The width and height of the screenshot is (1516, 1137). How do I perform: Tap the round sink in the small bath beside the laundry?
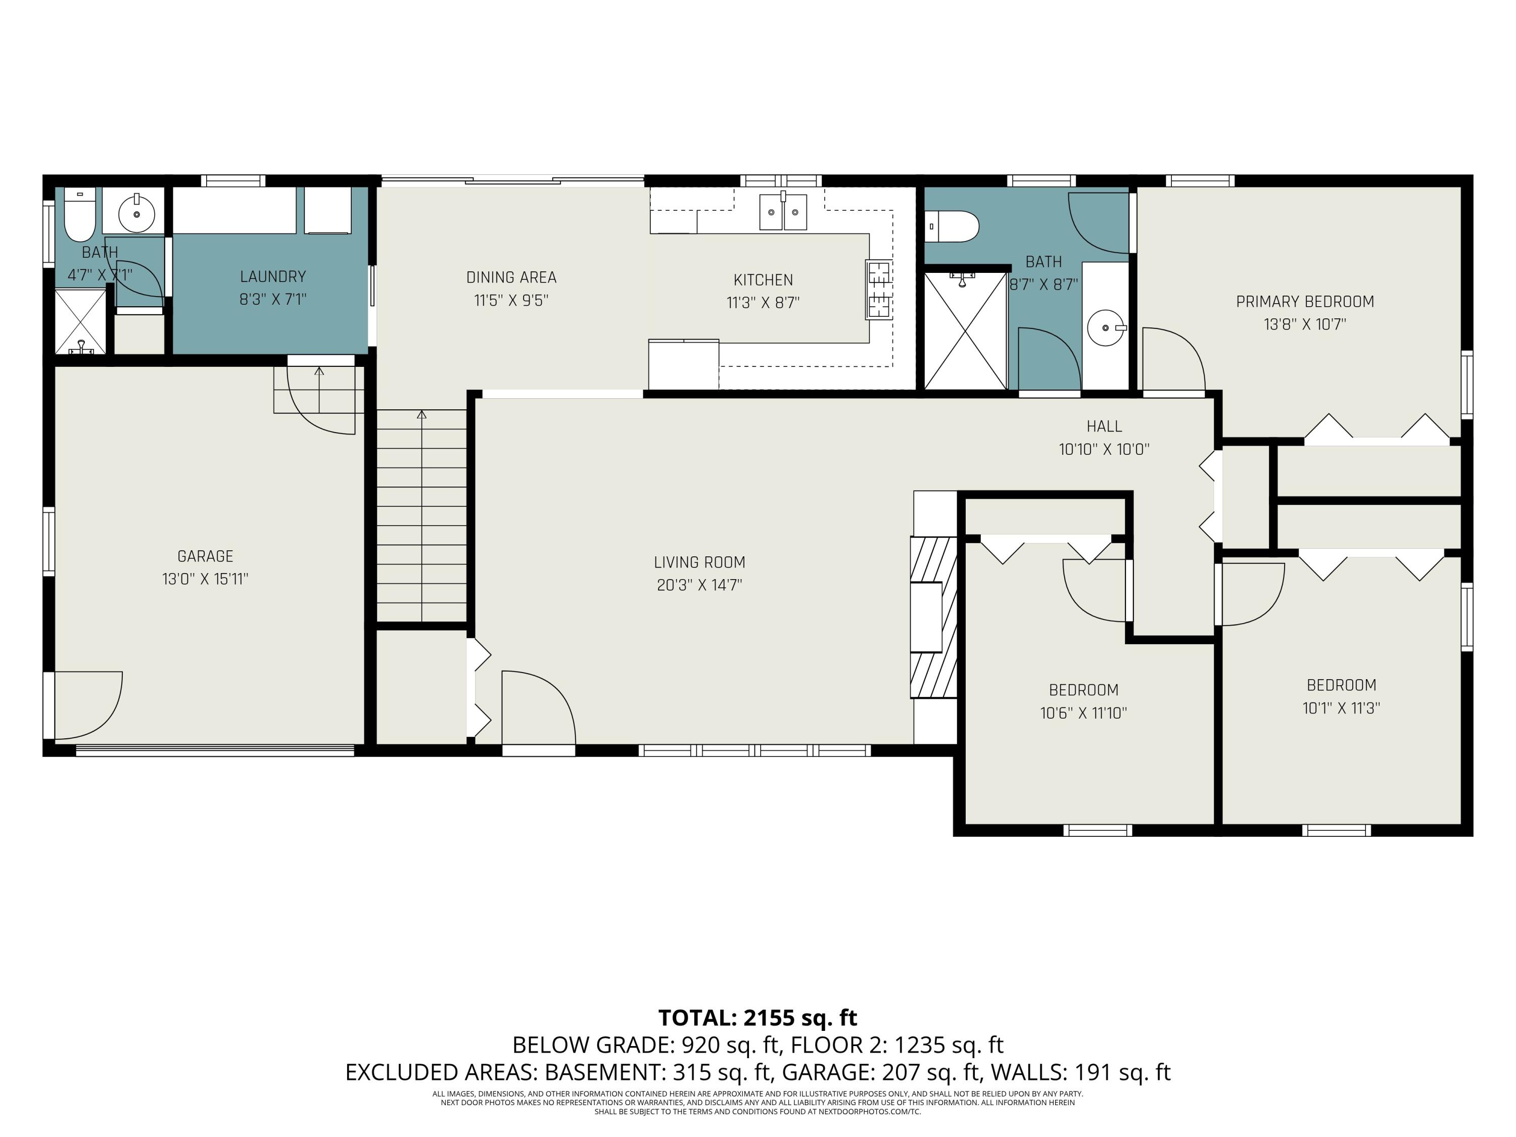point(137,213)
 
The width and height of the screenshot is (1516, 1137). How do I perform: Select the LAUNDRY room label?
point(273,277)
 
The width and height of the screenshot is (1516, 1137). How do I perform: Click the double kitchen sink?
point(783,212)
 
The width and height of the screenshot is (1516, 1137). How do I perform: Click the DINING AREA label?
point(511,277)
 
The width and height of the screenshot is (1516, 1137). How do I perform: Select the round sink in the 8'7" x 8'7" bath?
point(1106,328)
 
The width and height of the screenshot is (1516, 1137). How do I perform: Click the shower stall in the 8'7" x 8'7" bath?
point(966,331)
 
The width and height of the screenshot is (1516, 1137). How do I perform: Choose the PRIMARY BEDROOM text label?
point(1305,302)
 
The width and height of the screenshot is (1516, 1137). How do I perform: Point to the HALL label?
point(1104,427)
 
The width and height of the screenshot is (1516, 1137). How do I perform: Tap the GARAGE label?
point(205,556)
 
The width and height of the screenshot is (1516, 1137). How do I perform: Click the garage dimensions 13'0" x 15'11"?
point(205,579)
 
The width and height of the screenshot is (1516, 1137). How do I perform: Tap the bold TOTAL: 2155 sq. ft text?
point(757,1018)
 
